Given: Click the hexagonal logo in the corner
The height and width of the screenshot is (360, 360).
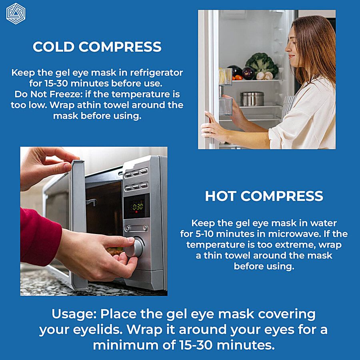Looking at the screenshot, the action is [x=16, y=14].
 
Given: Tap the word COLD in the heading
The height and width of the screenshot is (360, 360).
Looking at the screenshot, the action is [x=54, y=47].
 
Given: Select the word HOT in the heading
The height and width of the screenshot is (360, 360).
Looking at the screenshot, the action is [x=220, y=196].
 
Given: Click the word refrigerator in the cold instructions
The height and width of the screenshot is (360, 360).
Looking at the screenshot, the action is [x=156, y=72].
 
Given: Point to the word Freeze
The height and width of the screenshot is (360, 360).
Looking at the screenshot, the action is [x=66, y=94].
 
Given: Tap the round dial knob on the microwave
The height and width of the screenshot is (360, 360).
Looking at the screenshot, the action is [x=135, y=248].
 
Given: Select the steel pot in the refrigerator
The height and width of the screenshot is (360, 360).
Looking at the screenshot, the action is [x=252, y=99].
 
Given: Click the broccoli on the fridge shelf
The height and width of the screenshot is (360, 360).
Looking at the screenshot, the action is [x=262, y=64].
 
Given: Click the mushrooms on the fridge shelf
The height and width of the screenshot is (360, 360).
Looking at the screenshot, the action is [x=265, y=76].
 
